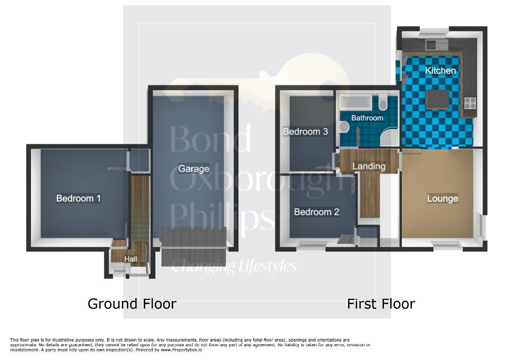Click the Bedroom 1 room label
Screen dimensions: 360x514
pyautogui.click(x=78, y=198)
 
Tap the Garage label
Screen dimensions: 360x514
pyautogui.click(x=193, y=169)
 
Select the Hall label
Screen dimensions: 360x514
pyautogui.click(x=131, y=259)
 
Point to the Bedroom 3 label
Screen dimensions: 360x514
pyautogui.click(x=305, y=131)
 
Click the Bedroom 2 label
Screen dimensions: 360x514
pyautogui.click(x=317, y=212)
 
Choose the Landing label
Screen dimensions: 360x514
pyautogui.click(x=369, y=166)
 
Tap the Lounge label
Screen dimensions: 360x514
pyautogui.click(x=442, y=198)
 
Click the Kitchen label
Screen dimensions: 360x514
pyautogui.click(x=440, y=70)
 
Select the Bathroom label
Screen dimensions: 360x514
pyautogui.click(x=367, y=118)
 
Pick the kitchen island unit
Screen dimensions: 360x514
pyautogui.click(x=437, y=99)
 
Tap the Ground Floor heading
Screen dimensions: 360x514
pyautogui.click(x=132, y=304)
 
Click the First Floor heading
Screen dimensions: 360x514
pyautogui.click(x=381, y=304)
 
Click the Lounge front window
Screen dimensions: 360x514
pyautogui.click(x=443, y=244)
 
